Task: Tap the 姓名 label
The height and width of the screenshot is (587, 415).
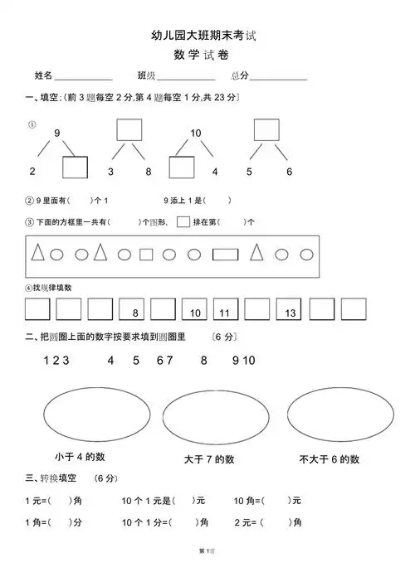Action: (43, 75)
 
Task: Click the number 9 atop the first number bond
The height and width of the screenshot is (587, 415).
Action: (57, 133)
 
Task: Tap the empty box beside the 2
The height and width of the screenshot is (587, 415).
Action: (75, 168)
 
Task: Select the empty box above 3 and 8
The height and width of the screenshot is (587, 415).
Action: (129, 130)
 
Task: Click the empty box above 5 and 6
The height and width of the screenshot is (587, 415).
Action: (266, 130)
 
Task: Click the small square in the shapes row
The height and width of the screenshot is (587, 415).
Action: (146, 255)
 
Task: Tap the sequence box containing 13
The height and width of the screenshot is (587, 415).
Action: (290, 310)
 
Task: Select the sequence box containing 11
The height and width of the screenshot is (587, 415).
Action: (225, 310)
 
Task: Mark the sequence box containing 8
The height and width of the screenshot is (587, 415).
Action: (132, 310)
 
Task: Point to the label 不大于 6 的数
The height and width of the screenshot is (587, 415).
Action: (329, 458)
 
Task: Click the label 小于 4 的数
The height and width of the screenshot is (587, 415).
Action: (80, 457)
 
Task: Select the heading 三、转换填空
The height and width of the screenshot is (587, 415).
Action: (51, 478)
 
